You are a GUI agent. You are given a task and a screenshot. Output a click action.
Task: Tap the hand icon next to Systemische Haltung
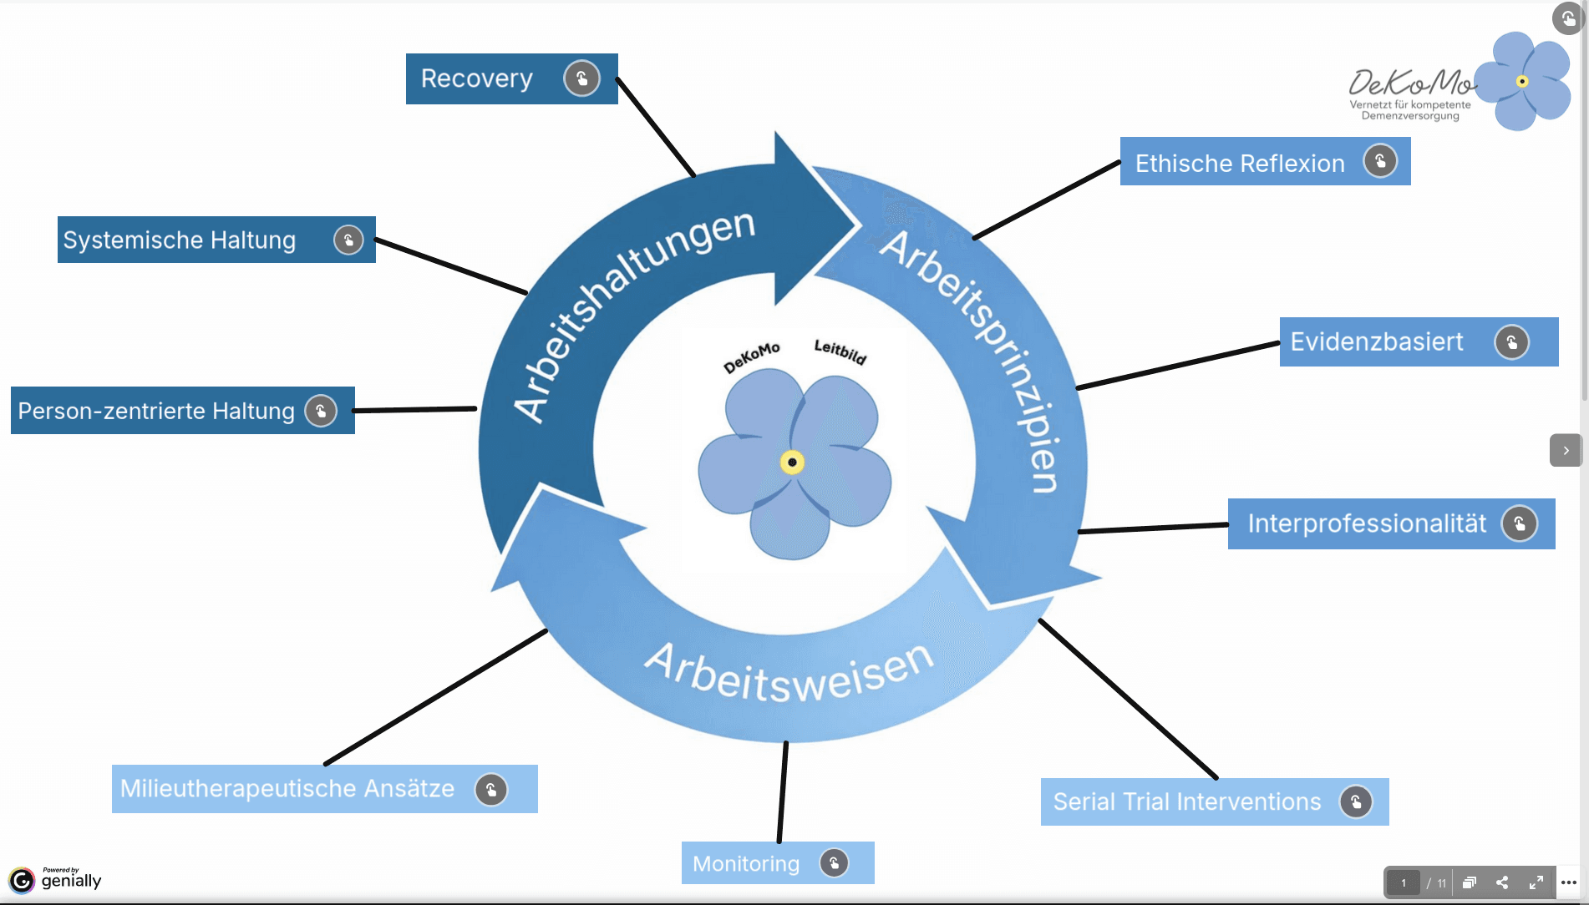pyautogui.click(x=348, y=240)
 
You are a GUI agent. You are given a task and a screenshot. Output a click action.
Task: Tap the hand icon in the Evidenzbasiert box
pyautogui.click(x=1511, y=342)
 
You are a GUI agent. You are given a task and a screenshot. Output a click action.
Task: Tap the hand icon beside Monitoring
pyautogui.click(x=834, y=863)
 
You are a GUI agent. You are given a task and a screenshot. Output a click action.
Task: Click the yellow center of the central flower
pyautogui.click(x=792, y=463)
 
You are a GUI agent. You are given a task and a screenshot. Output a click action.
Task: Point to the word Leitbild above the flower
pyautogui.click(x=840, y=351)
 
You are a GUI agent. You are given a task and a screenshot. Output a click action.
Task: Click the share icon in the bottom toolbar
pyautogui.click(x=1502, y=882)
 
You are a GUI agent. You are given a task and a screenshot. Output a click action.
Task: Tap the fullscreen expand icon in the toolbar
pyautogui.click(x=1536, y=882)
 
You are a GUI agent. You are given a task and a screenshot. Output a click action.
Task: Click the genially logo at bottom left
pyautogui.click(x=56, y=879)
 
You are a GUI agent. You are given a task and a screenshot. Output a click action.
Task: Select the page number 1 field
pyautogui.click(x=1404, y=882)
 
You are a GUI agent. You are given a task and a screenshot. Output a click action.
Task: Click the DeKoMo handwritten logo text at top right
pyautogui.click(x=1412, y=83)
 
